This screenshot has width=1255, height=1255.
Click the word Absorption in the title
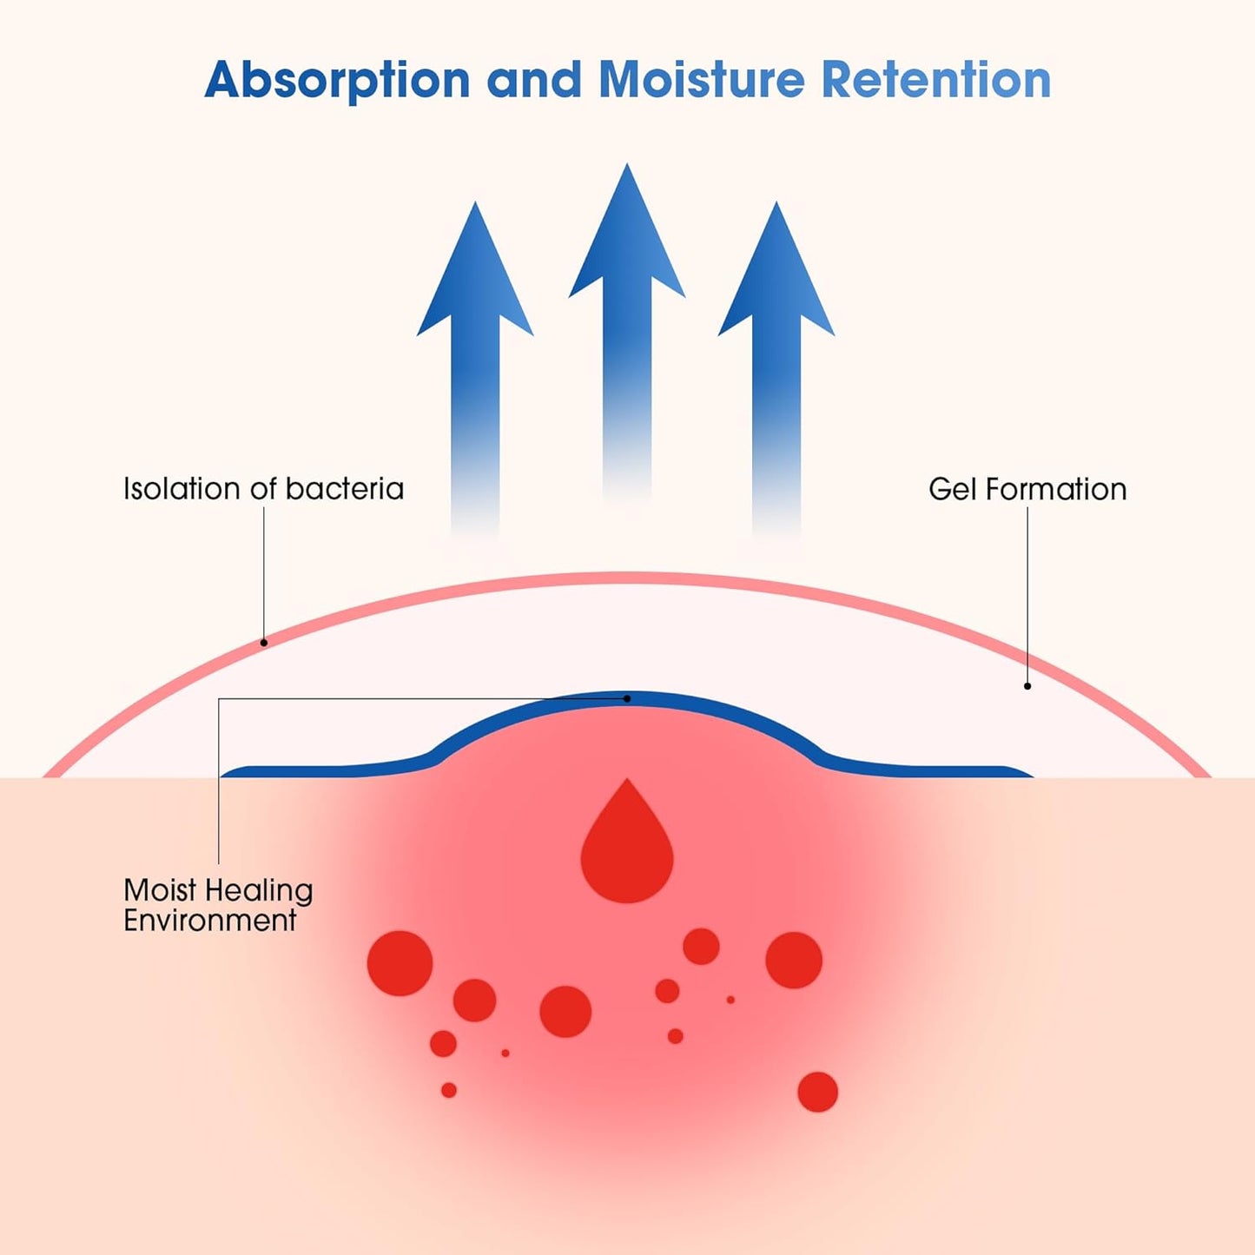click(x=337, y=80)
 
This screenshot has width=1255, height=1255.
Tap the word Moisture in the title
click(x=702, y=80)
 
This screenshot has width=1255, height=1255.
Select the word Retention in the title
click(x=936, y=80)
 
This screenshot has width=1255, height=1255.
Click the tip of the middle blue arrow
click(x=627, y=168)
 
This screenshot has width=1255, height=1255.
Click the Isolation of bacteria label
click(x=263, y=489)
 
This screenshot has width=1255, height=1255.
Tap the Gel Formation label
click(x=1027, y=489)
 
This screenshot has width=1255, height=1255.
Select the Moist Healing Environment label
click(x=217, y=905)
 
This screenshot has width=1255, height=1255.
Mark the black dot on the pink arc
click(x=264, y=643)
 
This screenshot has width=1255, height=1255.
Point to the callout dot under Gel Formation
click(x=1027, y=686)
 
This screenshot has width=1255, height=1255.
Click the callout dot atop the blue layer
click(x=627, y=698)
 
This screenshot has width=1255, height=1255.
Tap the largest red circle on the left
click(x=400, y=963)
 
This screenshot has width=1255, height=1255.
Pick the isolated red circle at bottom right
click(x=817, y=1092)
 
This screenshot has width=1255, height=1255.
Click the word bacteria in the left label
click(x=345, y=489)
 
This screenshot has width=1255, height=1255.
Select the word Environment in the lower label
click(x=210, y=921)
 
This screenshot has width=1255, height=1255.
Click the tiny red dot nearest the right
click(x=730, y=1000)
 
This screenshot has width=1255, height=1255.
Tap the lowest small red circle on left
click(x=449, y=1090)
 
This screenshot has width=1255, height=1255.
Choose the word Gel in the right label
click(x=952, y=489)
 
